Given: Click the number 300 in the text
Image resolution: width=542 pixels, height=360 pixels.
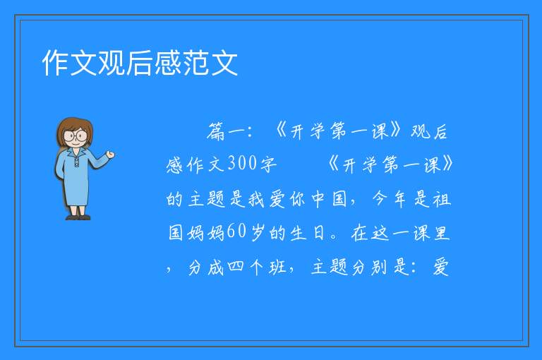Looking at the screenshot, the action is tap(242, 163).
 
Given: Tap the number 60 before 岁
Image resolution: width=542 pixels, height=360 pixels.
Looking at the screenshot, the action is tap(236, 232).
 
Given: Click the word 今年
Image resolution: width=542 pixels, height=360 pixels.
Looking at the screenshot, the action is tap(390, 198).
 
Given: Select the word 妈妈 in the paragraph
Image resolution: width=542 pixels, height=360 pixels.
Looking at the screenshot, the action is tap(206, 232).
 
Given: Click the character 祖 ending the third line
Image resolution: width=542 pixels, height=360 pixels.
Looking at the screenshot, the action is tap(442, 199).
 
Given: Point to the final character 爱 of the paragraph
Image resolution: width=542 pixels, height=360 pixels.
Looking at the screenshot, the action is tap(441, 267).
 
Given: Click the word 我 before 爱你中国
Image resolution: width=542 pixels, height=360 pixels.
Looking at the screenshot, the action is tap(256, 199).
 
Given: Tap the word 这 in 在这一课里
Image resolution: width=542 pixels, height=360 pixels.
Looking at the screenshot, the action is tap(380, 232).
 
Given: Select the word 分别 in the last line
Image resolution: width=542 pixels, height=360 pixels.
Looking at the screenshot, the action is tap(370, 267).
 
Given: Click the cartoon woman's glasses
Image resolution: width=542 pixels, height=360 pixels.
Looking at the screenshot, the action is tap(76, 135).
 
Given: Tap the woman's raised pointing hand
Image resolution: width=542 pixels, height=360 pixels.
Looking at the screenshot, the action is tap(110, 155).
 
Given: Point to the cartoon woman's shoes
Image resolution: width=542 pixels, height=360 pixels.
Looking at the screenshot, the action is tap(78, 217).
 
